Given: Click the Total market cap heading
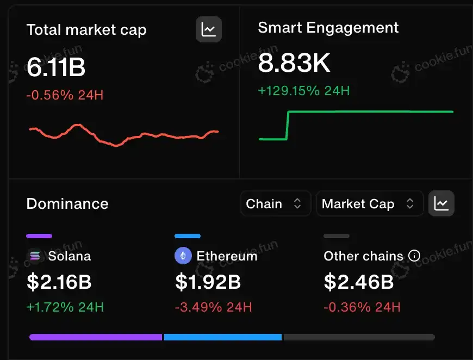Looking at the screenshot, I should coord(86,29).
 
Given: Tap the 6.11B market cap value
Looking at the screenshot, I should coord(55,67).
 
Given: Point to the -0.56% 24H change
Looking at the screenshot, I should coord(65,96).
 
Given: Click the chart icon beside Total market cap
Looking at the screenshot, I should coord(209,29).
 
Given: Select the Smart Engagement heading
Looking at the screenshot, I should coord(328,28).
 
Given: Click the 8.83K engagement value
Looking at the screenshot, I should coord(294,64).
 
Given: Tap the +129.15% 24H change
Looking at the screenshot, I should coord(303,90).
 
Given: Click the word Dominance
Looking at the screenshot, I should coord(67,204).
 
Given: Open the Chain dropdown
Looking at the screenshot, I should coord(275,204).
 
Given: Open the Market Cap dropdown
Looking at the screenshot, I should coord(369,204).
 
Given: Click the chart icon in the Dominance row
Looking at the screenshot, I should coord(441,204).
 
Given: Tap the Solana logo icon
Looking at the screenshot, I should coord(35,256).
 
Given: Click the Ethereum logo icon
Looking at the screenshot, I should coord(183,256).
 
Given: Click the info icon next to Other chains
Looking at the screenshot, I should coord(414,256).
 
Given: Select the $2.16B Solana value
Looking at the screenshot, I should coord(59,282).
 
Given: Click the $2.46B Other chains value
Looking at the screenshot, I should coord(358,282).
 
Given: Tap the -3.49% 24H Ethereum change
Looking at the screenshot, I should coord(213,307).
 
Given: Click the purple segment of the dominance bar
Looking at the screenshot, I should coord(96,337).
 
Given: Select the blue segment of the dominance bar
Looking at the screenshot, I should coord(223,337).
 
